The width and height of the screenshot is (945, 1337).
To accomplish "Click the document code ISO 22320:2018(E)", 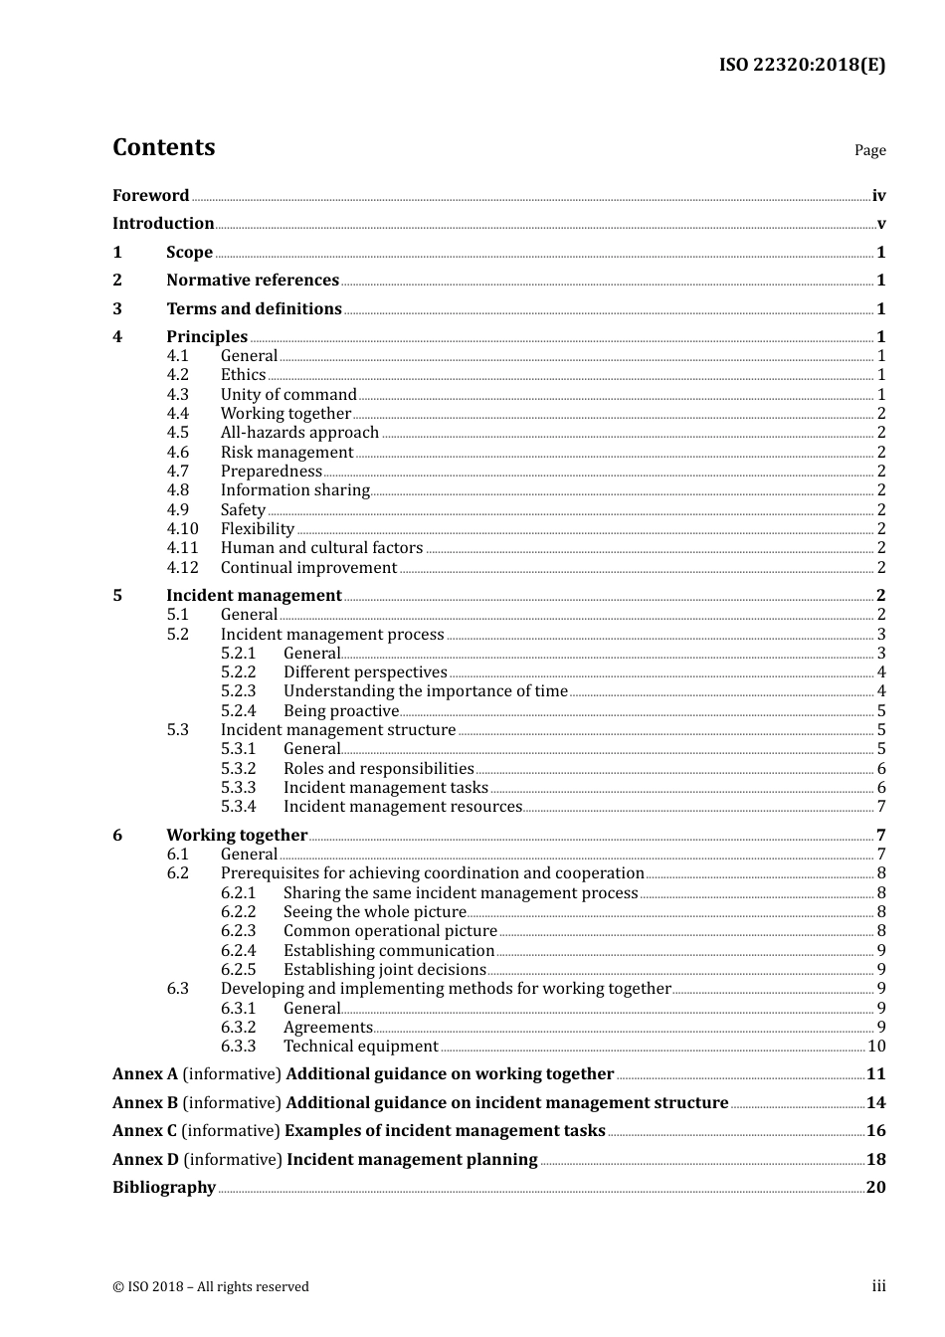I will click(x=802, y=65).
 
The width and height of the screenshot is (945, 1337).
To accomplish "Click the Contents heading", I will click(x=163, y=147).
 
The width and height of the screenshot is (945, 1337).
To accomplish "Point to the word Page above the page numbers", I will click(x=869, y=150).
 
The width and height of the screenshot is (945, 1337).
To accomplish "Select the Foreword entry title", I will click(x=150, y=196).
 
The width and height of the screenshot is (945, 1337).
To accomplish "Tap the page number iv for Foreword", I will click(x=878, y=196).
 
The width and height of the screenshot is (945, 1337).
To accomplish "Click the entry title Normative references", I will click(x=253, y=281).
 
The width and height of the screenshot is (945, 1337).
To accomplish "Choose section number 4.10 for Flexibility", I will click(x=182, y=529).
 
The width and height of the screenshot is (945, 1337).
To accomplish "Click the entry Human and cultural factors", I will click(x=321, y=548).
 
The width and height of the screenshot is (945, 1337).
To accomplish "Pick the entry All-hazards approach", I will click(x=299, y=433).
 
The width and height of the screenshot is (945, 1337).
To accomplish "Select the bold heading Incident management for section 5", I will click(x=254, y=596).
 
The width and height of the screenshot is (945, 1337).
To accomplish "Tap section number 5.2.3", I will click(x=238, y=691).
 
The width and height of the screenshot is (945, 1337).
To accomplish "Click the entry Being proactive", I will click(x=340, y=711).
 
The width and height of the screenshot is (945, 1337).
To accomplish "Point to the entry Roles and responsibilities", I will click(x=378, y=769).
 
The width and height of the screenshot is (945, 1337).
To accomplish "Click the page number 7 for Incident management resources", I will click(x=881, y=807).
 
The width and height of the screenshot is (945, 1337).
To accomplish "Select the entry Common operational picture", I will click(x=390, y=931).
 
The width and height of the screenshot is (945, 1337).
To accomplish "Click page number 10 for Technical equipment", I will click(x=876, y=1047).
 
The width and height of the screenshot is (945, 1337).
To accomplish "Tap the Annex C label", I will click(x=144, y=1131).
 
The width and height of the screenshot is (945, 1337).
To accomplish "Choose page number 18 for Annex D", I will click(x=875, y=1160).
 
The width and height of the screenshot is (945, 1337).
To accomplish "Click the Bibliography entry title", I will click(x=164, y=1188).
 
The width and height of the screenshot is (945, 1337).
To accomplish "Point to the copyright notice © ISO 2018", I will click(x=210, y=1287).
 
